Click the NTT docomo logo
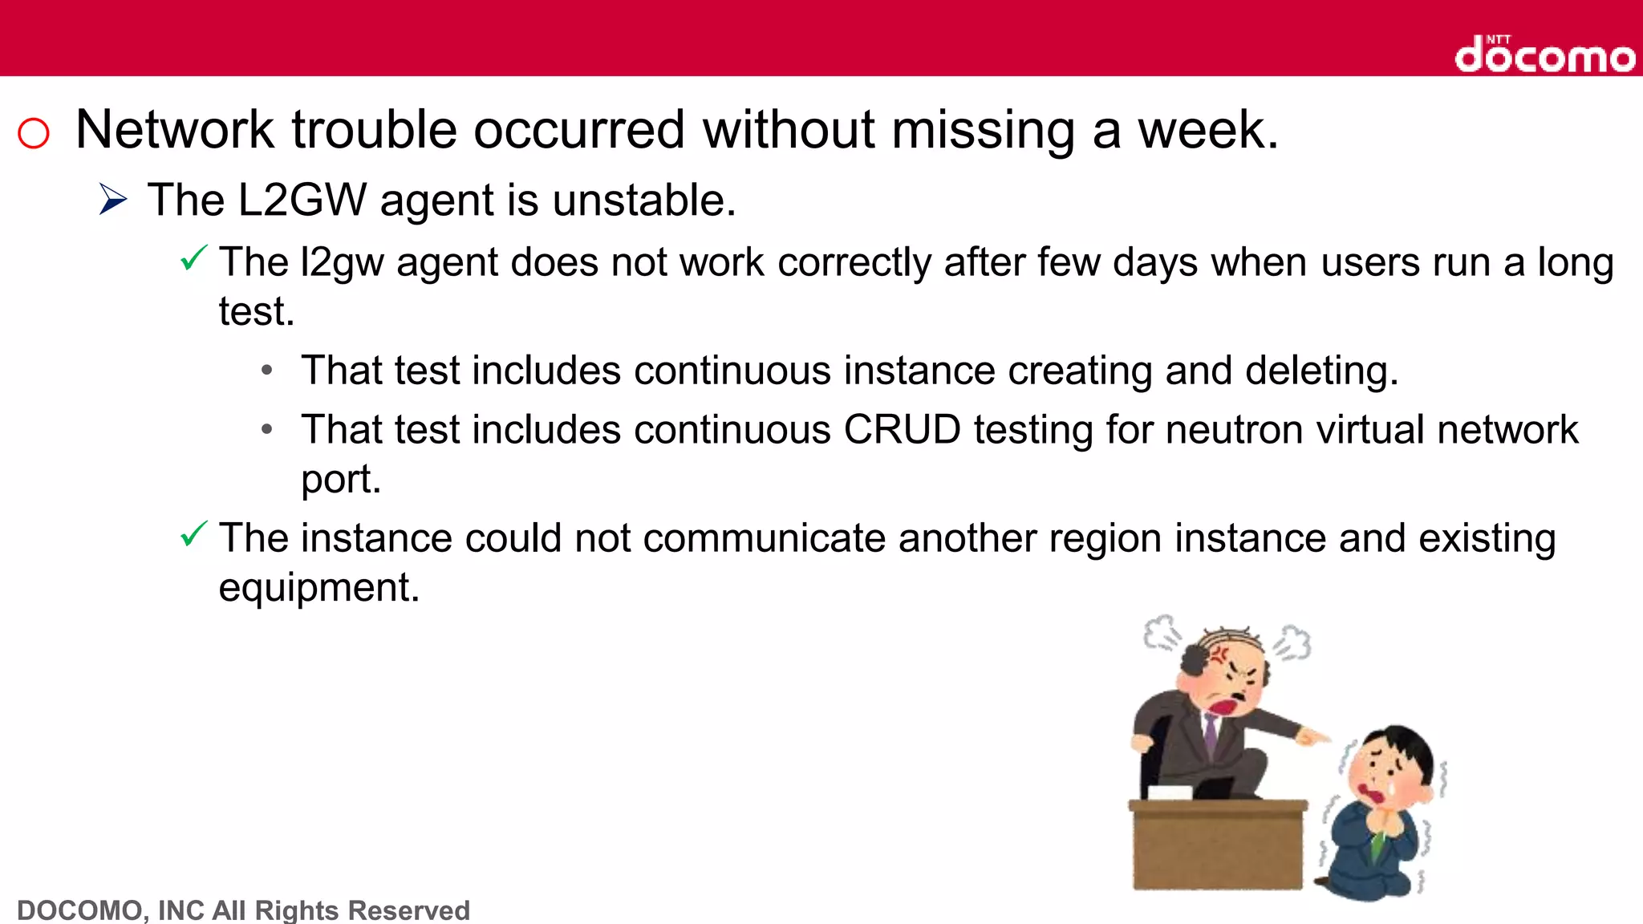[x=1544, y=55]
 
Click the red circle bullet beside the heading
[x=34, y=133]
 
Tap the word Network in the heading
[x=175, y=130]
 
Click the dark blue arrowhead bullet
[x=113, y=199]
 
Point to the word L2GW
[x=302, y=200]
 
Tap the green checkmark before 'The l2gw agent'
[x=193, y=258]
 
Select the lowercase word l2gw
[x=342, y=263]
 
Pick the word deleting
[x=1321, y=371]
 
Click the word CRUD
[x=902, y=430]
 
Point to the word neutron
[x=1234, y=430]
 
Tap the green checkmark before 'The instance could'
[x=193, y=533]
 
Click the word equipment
[x=318, y=588]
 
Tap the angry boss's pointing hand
[x=1313, y=736]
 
